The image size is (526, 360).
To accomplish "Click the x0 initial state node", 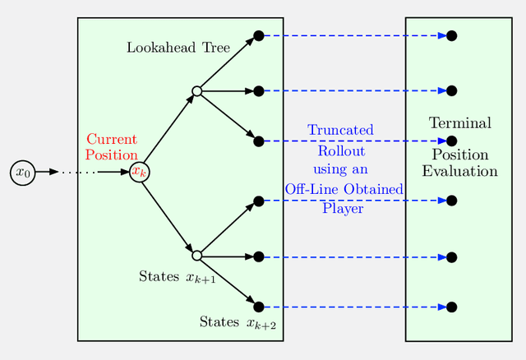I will [x=23, y=173].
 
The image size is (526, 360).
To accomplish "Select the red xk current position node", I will [x=140, y=172].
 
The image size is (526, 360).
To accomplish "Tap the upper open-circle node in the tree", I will [x=196, y=90].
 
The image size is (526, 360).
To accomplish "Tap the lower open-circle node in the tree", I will [x=196, y=256].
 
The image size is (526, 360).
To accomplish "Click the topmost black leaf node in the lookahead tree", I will [x=258, y=35].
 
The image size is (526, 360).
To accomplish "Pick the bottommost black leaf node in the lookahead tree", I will [x=258, y=307].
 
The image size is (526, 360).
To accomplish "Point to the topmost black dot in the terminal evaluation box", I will [x=451, y=35].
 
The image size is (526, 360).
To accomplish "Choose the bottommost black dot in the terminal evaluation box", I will [x=451, y=307].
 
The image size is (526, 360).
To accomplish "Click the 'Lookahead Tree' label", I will [x=178, y=48].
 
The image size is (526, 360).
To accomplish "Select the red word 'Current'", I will [x=111, y=140].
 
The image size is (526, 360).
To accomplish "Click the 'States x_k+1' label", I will [x=178, y=277].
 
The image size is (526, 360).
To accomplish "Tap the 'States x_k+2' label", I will [x=238, y=322].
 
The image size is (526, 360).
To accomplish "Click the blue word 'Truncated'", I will [x=340, y=130].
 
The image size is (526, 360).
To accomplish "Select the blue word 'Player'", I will [x=343, y=208].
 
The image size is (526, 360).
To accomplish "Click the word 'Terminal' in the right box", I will [x=459, y=123].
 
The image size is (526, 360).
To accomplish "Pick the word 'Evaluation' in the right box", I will [x=459, y=171].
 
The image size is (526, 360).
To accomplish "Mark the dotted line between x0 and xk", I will [x=78, y=172].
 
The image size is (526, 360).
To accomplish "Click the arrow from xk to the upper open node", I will [x=168, y=131].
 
